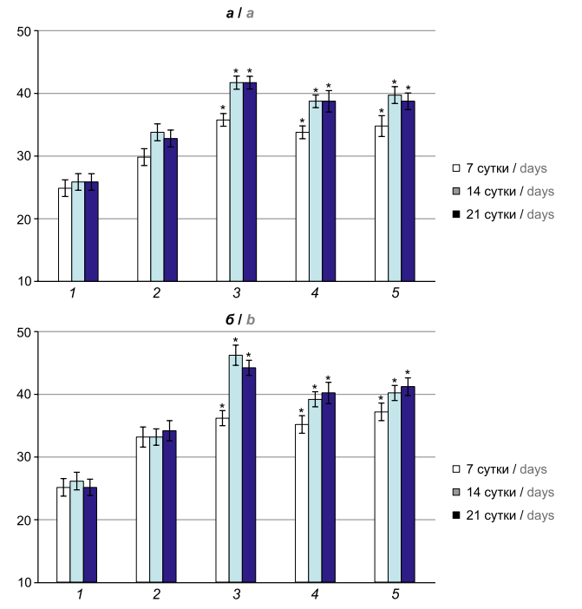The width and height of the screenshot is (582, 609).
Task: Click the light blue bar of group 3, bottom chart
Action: point(235,468)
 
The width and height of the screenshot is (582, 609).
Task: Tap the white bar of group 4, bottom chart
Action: point(302,503)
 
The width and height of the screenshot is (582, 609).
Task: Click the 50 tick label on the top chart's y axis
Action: point(23,31)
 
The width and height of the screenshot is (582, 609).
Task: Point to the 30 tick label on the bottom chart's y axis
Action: point(23,457)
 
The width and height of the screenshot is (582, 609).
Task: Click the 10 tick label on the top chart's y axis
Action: point(23,282)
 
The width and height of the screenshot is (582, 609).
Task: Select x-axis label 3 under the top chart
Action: point(237,294)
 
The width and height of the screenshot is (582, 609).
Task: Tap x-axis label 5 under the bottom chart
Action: point(396,595)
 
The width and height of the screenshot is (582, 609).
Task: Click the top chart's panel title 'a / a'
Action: point(236,12)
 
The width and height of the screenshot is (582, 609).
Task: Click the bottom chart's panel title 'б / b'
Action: point(237,319)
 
